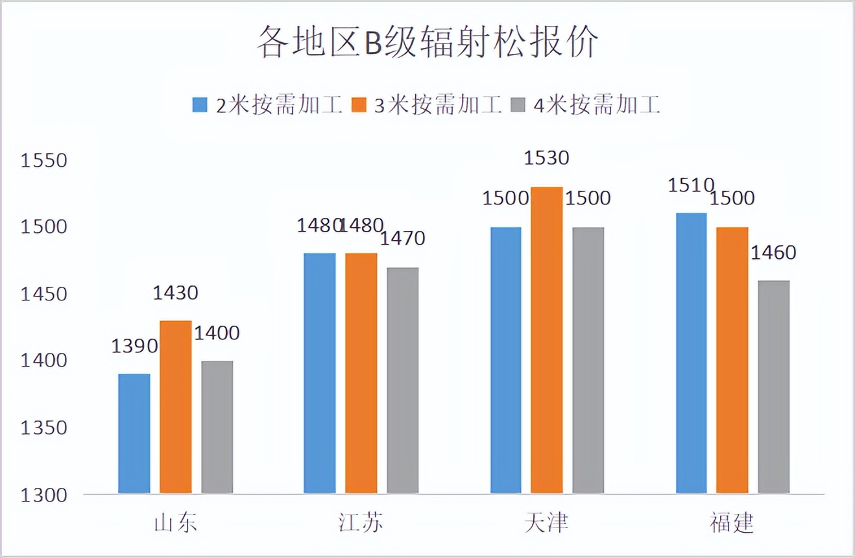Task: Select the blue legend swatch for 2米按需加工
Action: [200, 105]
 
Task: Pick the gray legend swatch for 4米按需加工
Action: [518, 105]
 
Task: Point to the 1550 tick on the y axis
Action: [44, 160]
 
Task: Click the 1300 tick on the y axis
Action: [44, 495]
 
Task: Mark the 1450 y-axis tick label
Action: [44, 295]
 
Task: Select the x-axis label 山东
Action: [175, 523]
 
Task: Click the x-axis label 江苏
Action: [361, 523]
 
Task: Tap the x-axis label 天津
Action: [546, 523]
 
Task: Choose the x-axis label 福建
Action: [732, 523]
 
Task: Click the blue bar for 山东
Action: [134, 433]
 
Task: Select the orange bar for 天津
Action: [547, 341]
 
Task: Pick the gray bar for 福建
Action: [773, 387]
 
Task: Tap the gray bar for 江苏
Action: [403, 380]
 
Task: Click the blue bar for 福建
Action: [691, 354]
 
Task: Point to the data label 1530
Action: [546, 158]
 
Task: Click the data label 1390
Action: [134, 346]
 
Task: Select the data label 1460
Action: [773, 253]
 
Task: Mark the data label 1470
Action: [402, 239]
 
